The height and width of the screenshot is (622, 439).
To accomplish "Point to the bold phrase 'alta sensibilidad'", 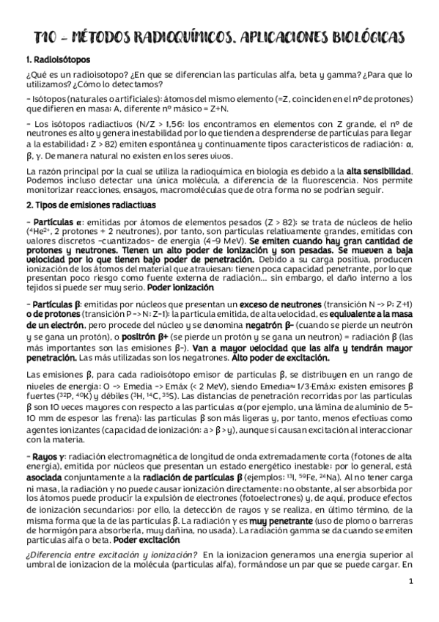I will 380,171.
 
